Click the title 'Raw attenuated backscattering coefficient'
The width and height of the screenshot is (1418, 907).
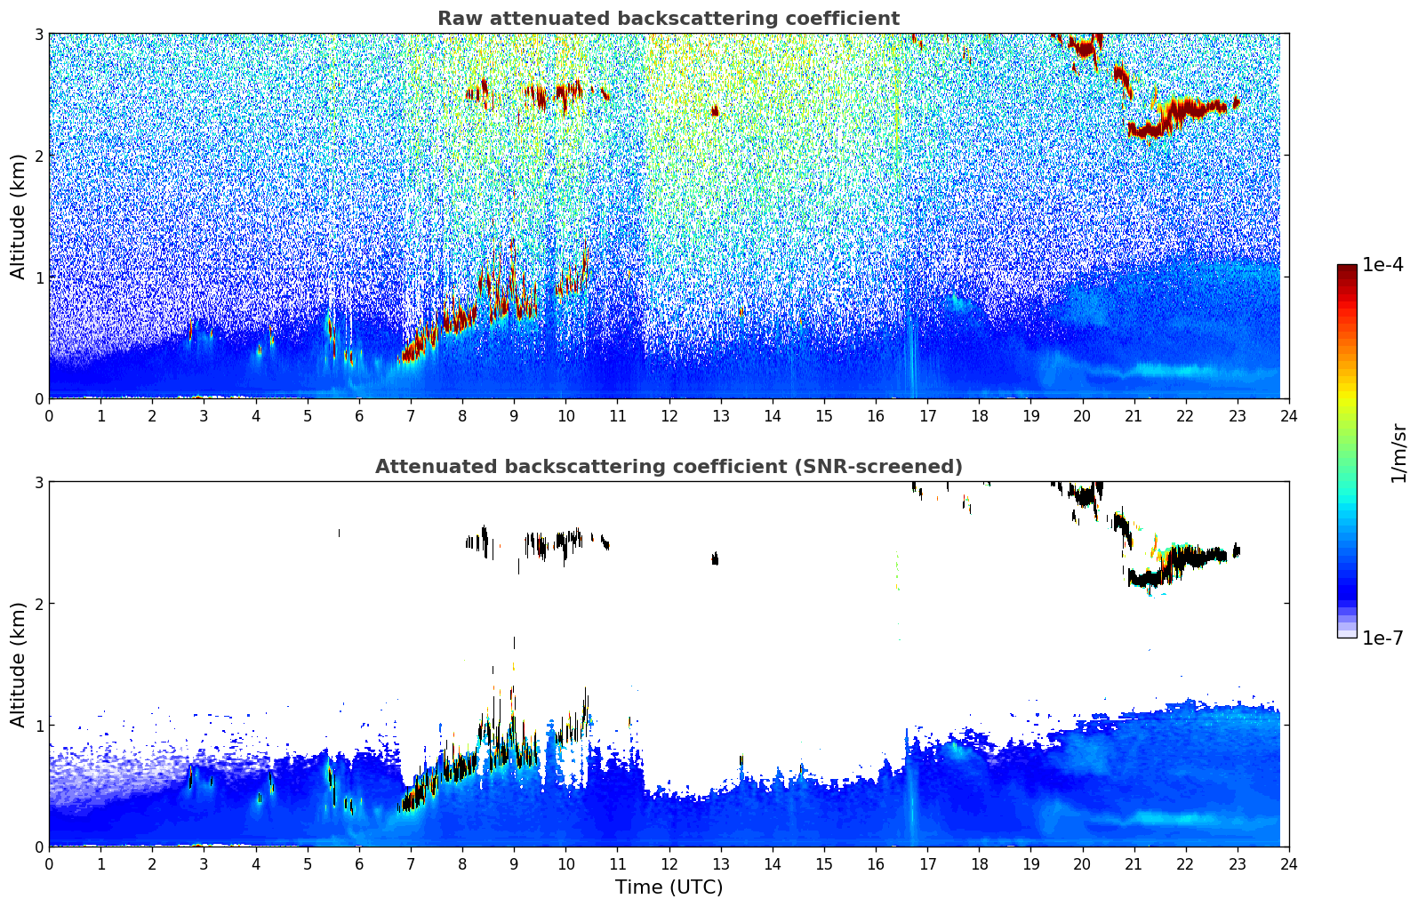(669, 19)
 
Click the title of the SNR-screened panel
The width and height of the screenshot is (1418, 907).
(669, 467)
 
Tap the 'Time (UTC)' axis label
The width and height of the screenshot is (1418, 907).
(669, 887)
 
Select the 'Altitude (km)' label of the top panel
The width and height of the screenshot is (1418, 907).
(19, 216)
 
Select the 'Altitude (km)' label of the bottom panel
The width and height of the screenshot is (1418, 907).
(19, 664)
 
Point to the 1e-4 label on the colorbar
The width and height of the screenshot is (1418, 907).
(1382, 265)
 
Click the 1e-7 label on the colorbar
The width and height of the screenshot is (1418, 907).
(1382, 638)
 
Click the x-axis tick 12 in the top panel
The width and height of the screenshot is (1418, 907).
(669, 415)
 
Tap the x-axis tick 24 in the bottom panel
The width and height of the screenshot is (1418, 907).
(1289, 863)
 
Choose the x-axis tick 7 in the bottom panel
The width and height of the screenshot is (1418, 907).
(411, 863)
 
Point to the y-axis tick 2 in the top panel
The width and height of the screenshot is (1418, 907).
(38, 156)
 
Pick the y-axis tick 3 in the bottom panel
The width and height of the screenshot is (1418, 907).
(38, 482)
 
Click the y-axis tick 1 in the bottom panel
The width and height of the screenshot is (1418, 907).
(38, 726)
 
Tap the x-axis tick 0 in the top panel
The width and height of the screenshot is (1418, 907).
(49, 415)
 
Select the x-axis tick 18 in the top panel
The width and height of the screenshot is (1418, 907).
(979, 415)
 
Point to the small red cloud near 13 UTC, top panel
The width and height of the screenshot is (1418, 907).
(715, 111)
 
